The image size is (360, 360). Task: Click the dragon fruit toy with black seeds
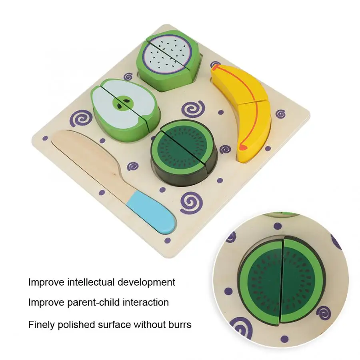coord(168,60)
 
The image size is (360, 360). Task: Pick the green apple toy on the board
coord(125,110)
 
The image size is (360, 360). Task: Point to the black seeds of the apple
coord(123,103)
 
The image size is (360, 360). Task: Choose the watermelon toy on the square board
coord(184,153)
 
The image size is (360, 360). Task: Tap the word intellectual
coord(91,282)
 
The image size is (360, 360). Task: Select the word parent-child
coord(94,303)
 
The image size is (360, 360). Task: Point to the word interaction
coord(146,302)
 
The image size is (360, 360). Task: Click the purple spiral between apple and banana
coord(193,109)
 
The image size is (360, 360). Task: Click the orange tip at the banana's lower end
coord(243,147)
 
